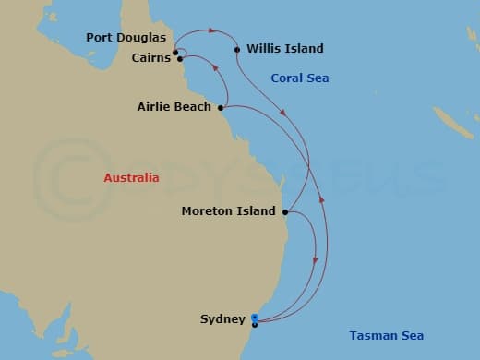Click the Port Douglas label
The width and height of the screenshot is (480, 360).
tap(126, 38)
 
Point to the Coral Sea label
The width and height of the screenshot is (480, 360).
tap(299, 78)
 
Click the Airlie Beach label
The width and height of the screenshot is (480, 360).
tap(174, 107)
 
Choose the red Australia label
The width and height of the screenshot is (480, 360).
tap(131, 177)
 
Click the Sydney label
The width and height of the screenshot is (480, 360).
tap(222, 319)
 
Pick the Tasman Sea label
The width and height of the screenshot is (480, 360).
tap(386, 335)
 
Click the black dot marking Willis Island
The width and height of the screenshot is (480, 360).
tap(237, 49)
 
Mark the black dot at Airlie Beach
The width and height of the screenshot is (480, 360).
tap(220, 107)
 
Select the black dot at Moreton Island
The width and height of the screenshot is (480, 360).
tap(285, 211)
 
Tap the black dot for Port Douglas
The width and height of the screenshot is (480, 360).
tap(174, 52)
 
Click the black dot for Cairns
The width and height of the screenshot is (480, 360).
tap(179, 59)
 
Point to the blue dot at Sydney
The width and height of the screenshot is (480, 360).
tap(254, 318)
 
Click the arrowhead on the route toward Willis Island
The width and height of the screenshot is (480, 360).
tap(211, 30)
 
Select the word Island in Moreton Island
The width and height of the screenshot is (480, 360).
tap(257, 211)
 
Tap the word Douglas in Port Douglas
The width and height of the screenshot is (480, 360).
tap(142, 38)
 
